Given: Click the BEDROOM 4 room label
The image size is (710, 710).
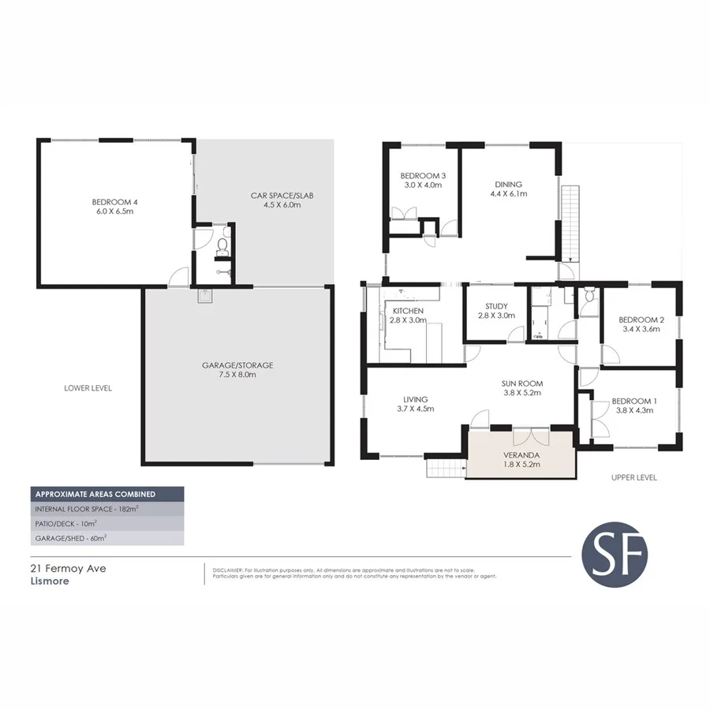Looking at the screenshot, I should [x=111, y=202].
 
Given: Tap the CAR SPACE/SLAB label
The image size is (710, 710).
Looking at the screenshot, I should [x=273, y=195].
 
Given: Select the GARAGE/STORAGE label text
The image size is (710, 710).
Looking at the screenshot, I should [x=237, y=365].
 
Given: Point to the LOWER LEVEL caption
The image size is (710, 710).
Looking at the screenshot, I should [x=88, y=388].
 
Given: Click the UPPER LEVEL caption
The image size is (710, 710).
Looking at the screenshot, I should [x=633, y=477].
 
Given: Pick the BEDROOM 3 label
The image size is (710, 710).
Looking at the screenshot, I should [x=422, y=175].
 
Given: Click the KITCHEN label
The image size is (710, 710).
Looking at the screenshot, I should [x=408, y=311].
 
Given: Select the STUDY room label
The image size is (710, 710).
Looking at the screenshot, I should [x=496, y=306].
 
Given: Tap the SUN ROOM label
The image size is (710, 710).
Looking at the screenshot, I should [x=521, y=384].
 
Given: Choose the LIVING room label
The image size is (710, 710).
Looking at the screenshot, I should [x=414, y=398].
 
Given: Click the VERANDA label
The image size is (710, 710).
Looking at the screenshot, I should [x=521, y=455].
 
